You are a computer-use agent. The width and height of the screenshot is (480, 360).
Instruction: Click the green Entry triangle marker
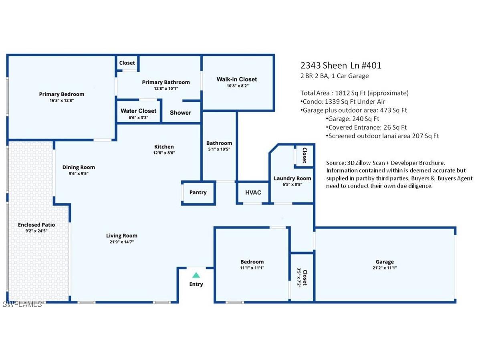(x=196, y=275)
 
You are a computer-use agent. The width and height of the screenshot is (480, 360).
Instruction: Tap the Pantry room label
(x=198, y=192)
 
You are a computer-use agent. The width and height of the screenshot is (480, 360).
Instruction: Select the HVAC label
(x=253, y=192)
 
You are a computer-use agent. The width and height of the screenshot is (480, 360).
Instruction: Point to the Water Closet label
(x=139, y=111)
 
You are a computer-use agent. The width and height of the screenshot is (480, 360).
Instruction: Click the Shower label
(x=180, y=113)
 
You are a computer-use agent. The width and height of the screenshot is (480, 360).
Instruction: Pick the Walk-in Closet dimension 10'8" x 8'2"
(x=237, y=86)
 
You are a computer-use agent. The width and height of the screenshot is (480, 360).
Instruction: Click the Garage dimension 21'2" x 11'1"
(x=385, y=268)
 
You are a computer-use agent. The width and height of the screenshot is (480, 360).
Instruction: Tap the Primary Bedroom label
(x=62, y=94)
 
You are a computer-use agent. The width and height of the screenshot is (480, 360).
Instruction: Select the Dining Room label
(x=79, y=167)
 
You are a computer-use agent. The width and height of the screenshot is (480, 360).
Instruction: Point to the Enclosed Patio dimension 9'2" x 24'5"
(x=36, y=231)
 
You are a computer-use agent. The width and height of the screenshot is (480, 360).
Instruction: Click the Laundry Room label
(x=292, y=178)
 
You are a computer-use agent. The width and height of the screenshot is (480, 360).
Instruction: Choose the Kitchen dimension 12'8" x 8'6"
(x=164, y=153)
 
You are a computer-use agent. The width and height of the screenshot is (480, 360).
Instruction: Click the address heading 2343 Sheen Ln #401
(x=341, y=65)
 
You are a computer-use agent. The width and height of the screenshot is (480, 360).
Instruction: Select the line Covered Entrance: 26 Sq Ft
(x=367, y=127)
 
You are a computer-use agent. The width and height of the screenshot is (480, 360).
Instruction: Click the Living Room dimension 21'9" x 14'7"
(x=121, y=242)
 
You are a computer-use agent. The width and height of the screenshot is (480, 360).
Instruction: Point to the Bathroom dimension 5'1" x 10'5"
(x=219, y=149)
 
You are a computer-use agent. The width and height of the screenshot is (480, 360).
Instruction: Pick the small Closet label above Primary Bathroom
(x=127, y=63)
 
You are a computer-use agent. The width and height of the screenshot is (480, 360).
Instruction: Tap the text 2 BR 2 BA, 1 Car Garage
(x=335, y=76)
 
